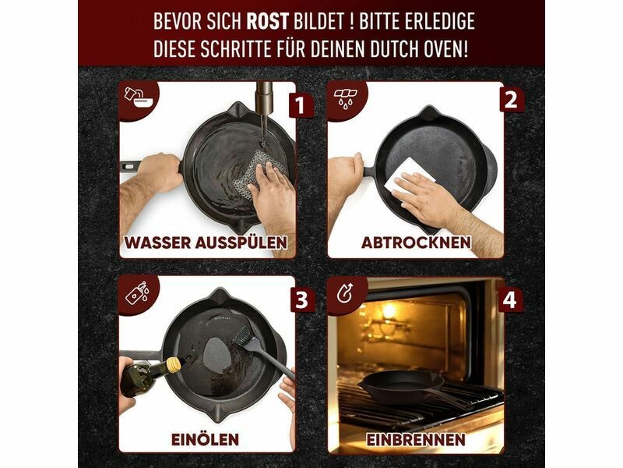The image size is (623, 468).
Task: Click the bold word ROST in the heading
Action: click(267, 21)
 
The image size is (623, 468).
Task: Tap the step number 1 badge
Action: click(301, 105)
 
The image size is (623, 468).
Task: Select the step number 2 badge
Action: click(512, 100)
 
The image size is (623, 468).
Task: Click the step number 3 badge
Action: click(302, 300)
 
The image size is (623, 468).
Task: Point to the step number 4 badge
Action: click(510, 300)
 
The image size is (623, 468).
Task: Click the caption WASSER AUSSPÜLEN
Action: click(206, 243)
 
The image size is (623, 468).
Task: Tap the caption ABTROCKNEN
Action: click(417, 243)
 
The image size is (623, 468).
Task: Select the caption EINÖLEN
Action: click(205, 439)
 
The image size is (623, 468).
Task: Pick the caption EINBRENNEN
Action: click(416, 440)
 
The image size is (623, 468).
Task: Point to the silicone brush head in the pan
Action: click(243, 335)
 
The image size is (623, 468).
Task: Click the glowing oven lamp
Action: click(389, 310)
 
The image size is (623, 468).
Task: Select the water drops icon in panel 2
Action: click(347, 99)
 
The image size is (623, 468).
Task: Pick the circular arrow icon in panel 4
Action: click(345, 293)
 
